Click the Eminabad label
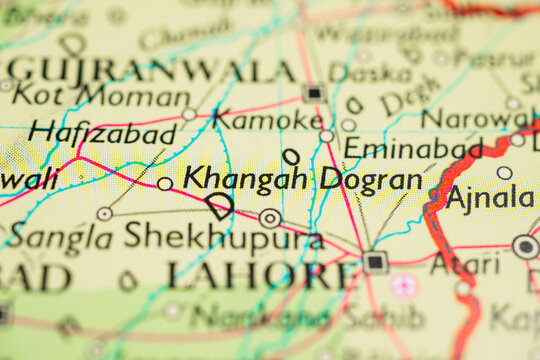(x=412, y=149)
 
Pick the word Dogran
(x=371, y=180)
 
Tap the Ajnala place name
(x=489, y=196)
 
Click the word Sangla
(x=61, y=236)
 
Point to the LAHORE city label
(x=262, y=274)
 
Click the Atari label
(x=465, y=263)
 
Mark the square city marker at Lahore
(x=375, y=262)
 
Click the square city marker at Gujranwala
(x=314, y=93)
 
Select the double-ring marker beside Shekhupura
(x=270, y=218)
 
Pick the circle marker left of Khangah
(x=165, y=184)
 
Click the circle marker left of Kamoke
(x=189, y=114)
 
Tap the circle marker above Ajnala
(x=504, y=173)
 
